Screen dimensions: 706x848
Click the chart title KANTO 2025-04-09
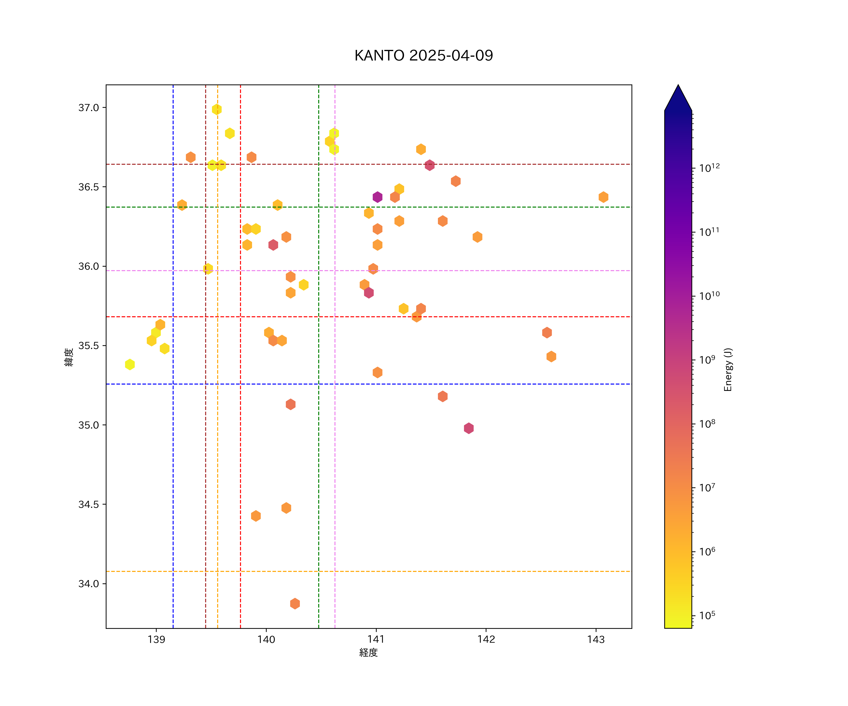coord(424,56)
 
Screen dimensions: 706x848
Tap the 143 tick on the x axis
coord(596,639)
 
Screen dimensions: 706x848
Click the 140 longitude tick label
coord(266,639)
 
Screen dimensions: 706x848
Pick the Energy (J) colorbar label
coord(728,369)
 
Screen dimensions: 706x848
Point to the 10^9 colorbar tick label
coord(707,359)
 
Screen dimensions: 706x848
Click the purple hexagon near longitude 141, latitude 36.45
coord(377,197)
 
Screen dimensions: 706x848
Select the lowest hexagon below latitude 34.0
coord(295,604)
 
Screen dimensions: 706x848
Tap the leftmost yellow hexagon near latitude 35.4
coord(130,364)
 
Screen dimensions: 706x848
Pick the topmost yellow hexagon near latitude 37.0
coord(217,109)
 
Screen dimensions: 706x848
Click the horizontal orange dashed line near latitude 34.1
coord(404,571)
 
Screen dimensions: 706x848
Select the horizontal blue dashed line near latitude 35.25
coord(404,384)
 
